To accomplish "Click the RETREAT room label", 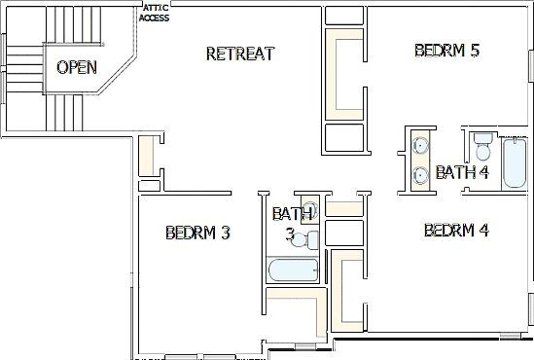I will click(240, 54).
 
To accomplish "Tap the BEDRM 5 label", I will click(446, 51).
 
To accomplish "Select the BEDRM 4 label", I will click(456, 231).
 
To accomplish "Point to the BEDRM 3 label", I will click(197, 233).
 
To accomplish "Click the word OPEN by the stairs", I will click(76, 67).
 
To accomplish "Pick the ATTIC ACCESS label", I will click(155, 13).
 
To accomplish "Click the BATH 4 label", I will click(462, 173).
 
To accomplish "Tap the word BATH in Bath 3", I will click(293, 213).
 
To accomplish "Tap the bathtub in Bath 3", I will click(293, 270).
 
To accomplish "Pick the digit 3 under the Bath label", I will click(290, 234).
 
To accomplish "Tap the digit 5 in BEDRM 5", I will click(475, 51).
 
